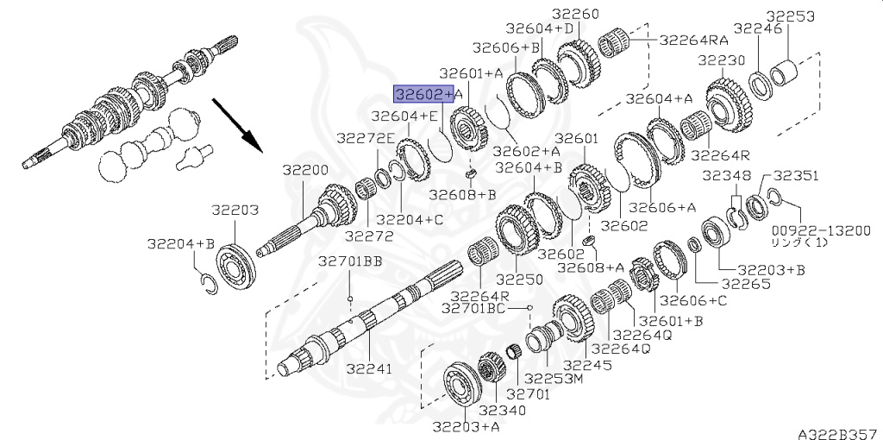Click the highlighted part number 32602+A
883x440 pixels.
coord(428,94)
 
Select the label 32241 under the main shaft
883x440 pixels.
coord(369,368)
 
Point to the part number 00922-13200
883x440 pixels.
coord(821,230)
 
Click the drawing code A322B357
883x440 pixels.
coord(840,433)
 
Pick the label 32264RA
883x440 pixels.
coord(694,40)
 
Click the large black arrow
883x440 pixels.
coord(237,126)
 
